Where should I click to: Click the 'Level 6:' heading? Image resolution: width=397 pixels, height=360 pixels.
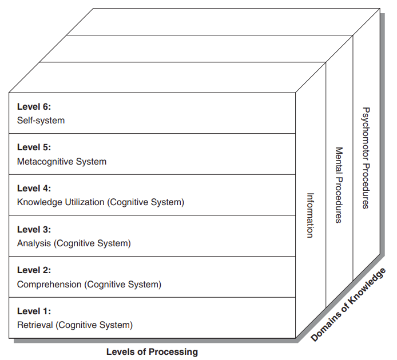point(34,107)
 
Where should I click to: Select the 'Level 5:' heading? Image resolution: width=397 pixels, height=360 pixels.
point(34,147)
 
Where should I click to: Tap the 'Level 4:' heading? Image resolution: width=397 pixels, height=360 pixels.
point(34,189)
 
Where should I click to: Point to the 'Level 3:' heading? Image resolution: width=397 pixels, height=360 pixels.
point(34,230)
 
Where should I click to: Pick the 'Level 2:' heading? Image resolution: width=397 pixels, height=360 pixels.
point(34,270)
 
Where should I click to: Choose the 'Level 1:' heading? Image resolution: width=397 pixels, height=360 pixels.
point(34,311)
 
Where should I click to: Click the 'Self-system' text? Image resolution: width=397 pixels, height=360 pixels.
point(41,121)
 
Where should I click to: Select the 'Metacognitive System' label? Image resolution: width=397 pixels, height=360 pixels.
point(62,162)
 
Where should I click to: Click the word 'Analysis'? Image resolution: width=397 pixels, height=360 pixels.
point(34,243)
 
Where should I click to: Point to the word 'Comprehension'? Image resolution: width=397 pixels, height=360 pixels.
point(50,284)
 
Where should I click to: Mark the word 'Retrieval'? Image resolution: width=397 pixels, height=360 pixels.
point(35,325)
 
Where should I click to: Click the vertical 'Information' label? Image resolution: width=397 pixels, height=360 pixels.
point(310,215)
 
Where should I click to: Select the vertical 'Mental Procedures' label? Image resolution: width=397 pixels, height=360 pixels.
point(339,185)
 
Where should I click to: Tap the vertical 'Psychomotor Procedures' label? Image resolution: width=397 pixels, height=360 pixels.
point(367,158)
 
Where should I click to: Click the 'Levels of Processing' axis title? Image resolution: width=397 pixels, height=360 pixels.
point(152,351)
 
